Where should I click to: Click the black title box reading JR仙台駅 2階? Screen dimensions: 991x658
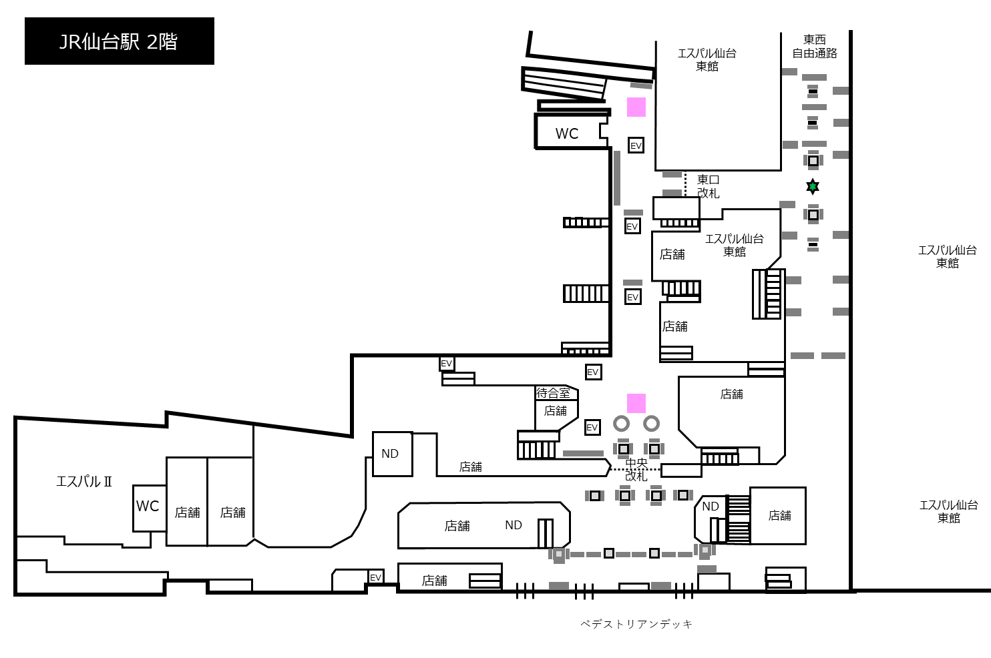click(x=120, y=41)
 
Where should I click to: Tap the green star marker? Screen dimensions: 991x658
click(x=813, y=187)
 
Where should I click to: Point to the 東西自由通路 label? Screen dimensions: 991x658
click(x=815, y=47)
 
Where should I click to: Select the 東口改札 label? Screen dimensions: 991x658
click(x=709, y=186)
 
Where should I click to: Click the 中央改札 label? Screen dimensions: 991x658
click(x=636, y=469)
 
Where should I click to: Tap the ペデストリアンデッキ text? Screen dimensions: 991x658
click(x=636, y=624)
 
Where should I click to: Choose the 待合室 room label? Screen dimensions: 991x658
click(x=553, y=392)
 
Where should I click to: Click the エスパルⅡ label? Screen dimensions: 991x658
click(x=84, y=481)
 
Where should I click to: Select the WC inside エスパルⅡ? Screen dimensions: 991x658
click(x=148, y=506)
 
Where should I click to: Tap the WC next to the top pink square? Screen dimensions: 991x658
click(x=567, y=133)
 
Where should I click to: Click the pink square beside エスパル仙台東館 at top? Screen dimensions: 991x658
click(x=636, y=107)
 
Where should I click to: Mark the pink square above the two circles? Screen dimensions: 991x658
click(x=636, y=403)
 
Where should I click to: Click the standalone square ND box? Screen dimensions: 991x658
click(x=393, y=454)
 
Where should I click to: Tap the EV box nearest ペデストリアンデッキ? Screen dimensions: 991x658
click(x=375, y=577)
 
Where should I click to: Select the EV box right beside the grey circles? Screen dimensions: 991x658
click(x=592, y=427)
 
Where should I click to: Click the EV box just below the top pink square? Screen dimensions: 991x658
click(x=636, y=145)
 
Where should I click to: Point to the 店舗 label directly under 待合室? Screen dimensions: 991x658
click(x=555, y=411)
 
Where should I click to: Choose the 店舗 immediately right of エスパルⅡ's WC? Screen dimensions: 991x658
click(x=187, y=513)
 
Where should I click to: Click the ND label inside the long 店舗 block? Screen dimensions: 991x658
click(x=514, y=525)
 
